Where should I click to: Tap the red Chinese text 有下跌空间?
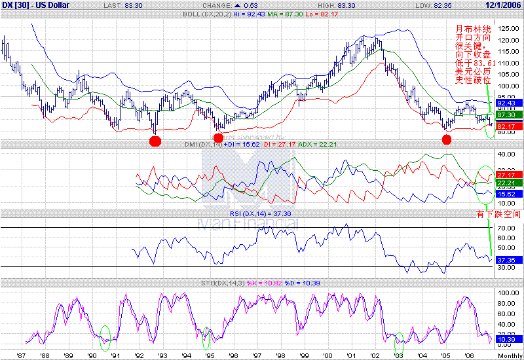click(500, 215)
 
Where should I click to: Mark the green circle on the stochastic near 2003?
click(400, 340)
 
